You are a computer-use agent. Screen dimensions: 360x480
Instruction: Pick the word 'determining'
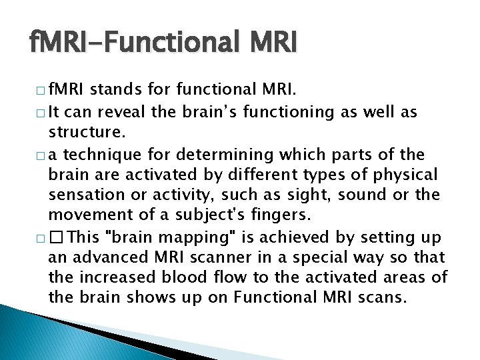pos(217,155)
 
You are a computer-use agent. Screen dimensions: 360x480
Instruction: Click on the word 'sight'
pos(317,195)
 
